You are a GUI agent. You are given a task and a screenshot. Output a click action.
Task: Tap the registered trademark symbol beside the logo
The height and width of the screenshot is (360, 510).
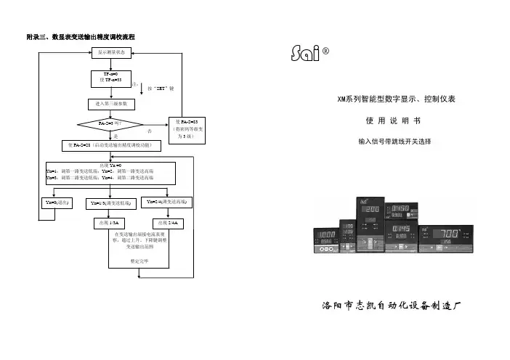[326, 52]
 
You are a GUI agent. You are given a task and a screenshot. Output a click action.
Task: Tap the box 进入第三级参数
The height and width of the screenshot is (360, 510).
[111, 103]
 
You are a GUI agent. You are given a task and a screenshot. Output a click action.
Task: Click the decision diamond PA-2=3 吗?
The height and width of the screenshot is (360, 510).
[110, 124]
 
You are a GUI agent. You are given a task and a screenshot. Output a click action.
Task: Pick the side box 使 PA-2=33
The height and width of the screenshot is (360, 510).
[186, 127]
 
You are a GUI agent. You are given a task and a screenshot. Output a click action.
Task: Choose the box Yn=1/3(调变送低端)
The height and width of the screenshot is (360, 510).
[110, 203]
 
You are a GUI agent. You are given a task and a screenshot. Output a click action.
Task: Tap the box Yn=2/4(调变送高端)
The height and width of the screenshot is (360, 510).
[167, 202]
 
